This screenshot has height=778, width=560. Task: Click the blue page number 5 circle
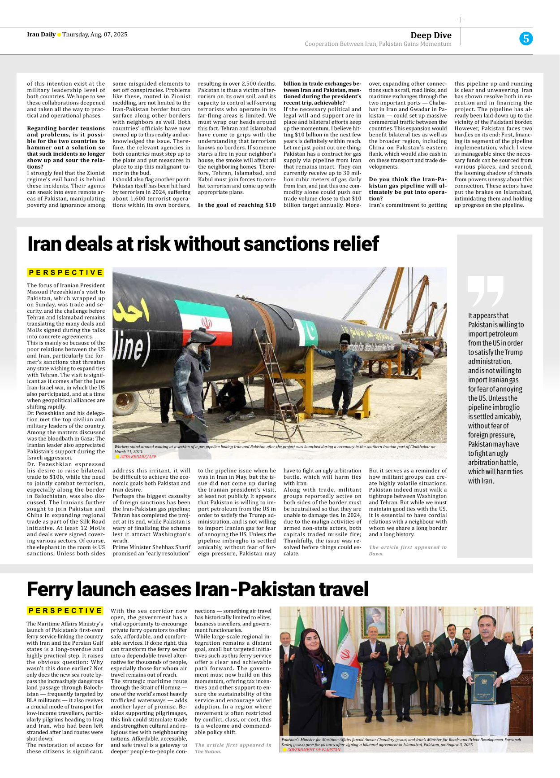tap(526, 39)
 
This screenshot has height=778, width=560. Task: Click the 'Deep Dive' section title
tap(431, 35)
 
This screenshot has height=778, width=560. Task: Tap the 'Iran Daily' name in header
tap(41, 35)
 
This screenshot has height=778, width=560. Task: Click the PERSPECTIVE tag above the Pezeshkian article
tap(65, 272)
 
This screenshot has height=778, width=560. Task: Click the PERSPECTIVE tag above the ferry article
tap(65, 611)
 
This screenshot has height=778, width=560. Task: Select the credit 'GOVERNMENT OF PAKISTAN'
tap(314, 750)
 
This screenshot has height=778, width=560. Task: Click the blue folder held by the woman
tap(344, 680)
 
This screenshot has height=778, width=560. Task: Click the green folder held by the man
tap(484, 686)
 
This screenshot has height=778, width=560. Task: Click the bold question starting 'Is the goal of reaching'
tap(237, 205)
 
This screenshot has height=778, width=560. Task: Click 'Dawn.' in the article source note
tap(376, 554)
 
